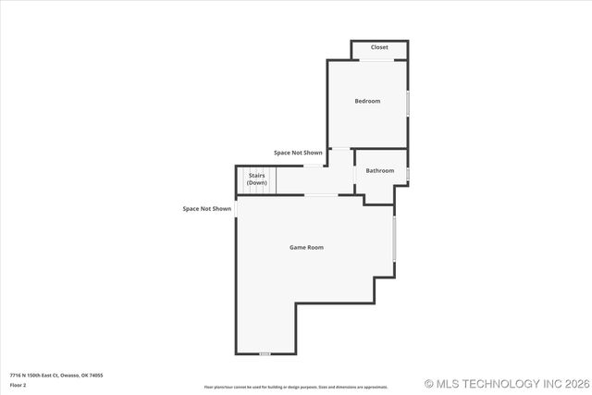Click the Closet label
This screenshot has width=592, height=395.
pos(379,47)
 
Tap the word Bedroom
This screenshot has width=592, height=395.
pos(367,101)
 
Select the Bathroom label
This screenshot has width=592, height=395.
pos(379,170)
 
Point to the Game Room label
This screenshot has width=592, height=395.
pos(307,247)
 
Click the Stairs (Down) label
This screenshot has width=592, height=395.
pos(256,179)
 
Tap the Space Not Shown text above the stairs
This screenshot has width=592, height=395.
pos(298,152)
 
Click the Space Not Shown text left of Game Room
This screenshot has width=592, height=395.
pos(207,209)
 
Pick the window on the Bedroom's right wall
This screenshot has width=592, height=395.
pos(408,102)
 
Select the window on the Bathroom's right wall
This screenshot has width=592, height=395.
pos(408,173)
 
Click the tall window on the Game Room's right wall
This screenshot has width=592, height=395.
pos(395,239)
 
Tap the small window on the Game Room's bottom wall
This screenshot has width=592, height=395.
pos(265,353)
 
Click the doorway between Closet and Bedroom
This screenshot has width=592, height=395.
pos(378,61)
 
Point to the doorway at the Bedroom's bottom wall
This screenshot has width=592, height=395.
pos(340,148)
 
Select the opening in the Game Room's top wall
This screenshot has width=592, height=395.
pos(322,194)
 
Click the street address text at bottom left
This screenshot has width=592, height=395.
pos(56,375)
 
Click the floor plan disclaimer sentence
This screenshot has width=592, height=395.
pos(296,387)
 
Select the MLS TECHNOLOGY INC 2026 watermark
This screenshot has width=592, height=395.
pos(506,383)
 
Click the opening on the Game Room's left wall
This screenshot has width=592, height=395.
pos(236,209)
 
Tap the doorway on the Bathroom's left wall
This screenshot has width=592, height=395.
pos(356,171)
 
